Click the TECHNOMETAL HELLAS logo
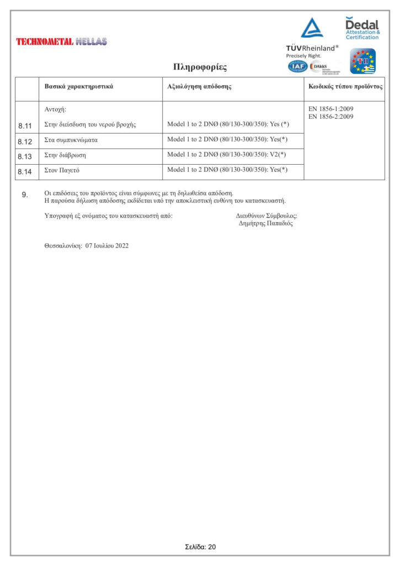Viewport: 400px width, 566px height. click(x=62, y=41)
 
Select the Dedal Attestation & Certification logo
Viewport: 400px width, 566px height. click(x=362, y=28)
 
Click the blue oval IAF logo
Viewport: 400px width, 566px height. click(x=298, y=66)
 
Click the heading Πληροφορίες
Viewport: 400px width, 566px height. click(x=200, y=67)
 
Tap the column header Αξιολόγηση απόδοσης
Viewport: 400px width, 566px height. click(x=199, y=87)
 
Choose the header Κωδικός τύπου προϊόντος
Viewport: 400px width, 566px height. click(x=344, y=87)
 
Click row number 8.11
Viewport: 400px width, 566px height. click(x=25, y=125)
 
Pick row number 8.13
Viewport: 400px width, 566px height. click(x=25, y=156)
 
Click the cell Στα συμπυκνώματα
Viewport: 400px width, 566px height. click(x=71, y=140)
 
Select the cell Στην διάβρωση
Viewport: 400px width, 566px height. click(x=65, y=155)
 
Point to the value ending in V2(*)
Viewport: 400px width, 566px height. click(x=227, y=155)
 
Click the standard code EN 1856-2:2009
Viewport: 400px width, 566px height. click(x=330, y=117)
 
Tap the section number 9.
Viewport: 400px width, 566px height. click(x=25, y=195)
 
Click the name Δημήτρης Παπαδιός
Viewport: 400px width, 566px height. click(x=266, y=224)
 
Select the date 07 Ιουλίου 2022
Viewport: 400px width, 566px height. click(x=107, y=246)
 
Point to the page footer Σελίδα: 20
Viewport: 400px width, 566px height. click(x=200, y=547)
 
